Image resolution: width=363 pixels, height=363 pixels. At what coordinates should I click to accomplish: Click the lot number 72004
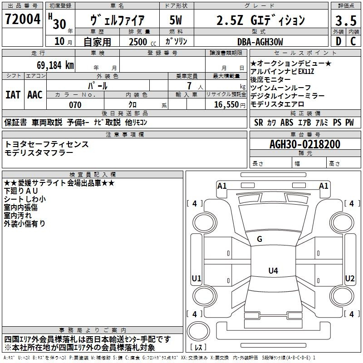pos(23,19)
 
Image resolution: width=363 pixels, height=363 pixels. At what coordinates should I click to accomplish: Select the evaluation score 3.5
pos(346,20)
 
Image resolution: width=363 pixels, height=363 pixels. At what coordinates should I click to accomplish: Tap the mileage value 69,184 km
pos(55,65)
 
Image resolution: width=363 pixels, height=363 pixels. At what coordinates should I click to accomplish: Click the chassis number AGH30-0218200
pos(305,144)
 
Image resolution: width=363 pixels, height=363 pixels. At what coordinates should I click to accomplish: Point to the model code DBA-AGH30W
pos(260,42)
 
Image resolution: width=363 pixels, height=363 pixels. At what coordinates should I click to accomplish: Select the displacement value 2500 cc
pos(142,42)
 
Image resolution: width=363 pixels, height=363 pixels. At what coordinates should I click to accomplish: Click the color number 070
pos(75,105)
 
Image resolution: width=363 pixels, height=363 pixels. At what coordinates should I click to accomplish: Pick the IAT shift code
pos(13,95)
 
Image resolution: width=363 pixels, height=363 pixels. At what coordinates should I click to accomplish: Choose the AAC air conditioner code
pos(35,95)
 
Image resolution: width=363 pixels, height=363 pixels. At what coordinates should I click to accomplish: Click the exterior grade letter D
pos(338,41)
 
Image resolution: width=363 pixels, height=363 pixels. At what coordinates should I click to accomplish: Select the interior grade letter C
pos(353,41)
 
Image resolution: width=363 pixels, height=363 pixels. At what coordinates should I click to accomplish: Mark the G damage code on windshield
pos(260,239)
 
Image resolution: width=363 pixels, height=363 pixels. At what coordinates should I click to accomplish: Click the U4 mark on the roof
pos(273,270)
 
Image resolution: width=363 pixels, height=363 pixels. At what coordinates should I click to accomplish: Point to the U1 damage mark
pos(196,278)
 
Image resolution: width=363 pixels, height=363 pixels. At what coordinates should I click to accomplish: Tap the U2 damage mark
pos(350,278)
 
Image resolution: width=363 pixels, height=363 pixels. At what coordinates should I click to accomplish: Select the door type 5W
pos(176,20)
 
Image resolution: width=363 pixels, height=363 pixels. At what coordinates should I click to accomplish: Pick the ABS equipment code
pos(287,123)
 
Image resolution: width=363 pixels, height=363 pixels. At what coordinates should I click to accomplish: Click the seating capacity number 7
pos(189,86)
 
